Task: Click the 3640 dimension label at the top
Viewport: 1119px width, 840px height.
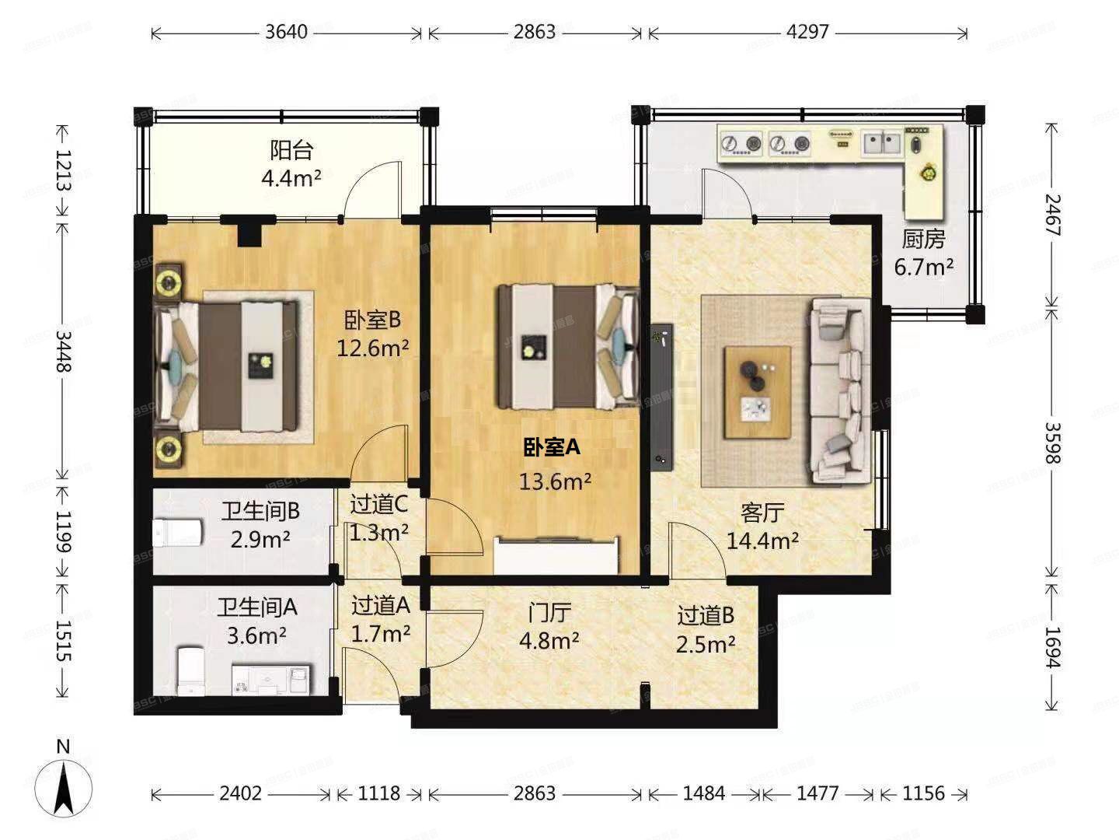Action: coord(287,32)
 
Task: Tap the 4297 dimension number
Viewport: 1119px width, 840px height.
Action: coord(807,32)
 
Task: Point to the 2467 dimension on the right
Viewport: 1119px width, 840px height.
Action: coord(1052,215)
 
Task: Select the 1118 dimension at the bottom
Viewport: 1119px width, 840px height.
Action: coord(378,793)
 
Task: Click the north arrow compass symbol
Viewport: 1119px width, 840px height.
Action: coord(63,786)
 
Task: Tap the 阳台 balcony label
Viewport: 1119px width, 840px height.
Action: coord(291,150)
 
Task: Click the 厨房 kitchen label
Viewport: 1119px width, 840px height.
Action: coord(923,240)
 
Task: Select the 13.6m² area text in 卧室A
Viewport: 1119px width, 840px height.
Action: coord(555,481)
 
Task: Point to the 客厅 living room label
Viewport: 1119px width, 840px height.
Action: coord(762,513)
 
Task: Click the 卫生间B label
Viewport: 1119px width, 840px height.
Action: coord(260,510)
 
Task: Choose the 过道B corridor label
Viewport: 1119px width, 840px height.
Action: coord(706,615)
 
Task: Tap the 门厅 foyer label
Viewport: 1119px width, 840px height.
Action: coord(549,612)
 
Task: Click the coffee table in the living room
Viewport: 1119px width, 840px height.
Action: coord(758,392)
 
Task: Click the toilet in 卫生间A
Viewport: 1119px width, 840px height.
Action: coord(190,670)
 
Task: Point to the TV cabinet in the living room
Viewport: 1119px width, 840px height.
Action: coord(662,397)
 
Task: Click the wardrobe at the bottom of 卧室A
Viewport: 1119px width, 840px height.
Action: coord(556,555)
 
